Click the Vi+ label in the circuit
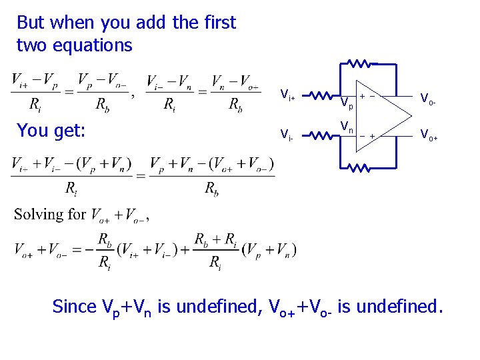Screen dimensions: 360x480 point(287,95)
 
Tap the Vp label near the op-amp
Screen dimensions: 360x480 point(346,103)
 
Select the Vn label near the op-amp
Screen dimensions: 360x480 point(347,126)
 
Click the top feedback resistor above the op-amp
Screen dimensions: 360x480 point(359,65)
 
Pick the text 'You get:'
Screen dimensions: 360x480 point(51,131)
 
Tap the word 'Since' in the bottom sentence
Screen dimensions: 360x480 point(74,307)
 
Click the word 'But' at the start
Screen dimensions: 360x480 point(31,23)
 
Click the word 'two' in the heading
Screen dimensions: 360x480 point(31,45)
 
